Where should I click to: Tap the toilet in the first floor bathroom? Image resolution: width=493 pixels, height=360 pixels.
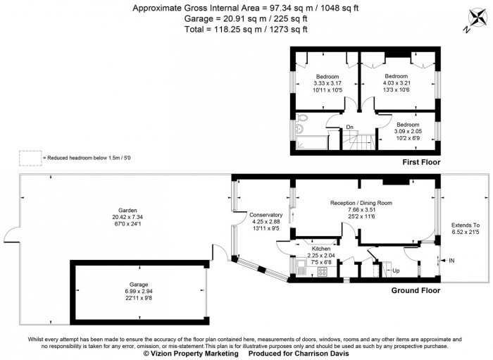(301, 118)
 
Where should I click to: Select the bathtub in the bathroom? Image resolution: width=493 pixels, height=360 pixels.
(310, 144)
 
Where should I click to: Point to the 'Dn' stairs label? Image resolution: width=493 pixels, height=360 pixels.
(349, 128)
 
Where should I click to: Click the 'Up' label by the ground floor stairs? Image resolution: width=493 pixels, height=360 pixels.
(395, 271)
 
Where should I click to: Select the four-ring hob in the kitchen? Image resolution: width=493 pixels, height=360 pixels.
(324, 271)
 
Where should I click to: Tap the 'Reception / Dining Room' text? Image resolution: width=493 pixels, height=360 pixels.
(361, 203)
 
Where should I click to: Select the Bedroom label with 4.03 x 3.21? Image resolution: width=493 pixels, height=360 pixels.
(396, 76)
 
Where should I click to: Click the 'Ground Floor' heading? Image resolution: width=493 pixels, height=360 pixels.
(416, 290)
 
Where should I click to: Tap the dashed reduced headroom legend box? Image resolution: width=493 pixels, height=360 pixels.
(30, 158)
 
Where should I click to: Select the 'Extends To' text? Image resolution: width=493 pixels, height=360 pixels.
(465, 225)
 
